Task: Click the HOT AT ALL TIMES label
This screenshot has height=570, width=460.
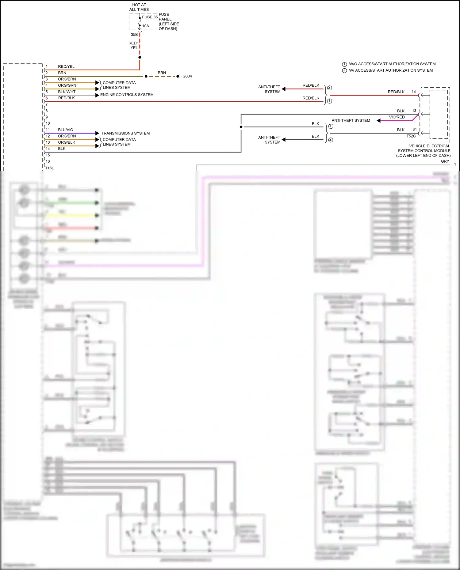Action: [x=139, y=7]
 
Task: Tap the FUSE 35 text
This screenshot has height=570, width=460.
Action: [x=149, y=17]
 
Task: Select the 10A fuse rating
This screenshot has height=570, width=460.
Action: [x=146, y=26]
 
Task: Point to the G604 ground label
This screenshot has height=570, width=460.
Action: [x=187, y=76]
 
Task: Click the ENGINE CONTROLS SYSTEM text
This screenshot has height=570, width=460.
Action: [x=127, y=95]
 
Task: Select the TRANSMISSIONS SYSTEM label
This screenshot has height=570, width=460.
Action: [x=125, y=133]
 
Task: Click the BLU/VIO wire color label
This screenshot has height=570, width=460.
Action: [x=66, y=130]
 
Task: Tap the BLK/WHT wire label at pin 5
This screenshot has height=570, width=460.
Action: [x=67, y=92]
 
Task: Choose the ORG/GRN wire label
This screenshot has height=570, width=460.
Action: [x=67, y=85]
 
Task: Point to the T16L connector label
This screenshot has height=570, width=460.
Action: [x=49, y=168]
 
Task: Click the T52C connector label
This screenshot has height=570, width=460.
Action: [x=411, y=136]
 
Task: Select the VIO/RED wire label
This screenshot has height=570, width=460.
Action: [x=397, y=117]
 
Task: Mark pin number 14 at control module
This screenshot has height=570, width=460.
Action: [x=414, y=92]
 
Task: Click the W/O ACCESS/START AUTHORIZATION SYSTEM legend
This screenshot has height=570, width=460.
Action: [x=392, y=64]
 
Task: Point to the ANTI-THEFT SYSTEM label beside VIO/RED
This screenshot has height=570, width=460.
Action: [x=351, y=121]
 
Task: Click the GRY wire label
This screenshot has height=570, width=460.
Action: [x=445, y=161]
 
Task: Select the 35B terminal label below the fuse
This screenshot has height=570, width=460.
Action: [x=134, y=35]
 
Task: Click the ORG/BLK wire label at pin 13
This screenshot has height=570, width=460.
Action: [x=67, y=142]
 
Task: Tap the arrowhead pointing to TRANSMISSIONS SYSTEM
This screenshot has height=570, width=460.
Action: [x=97, y=133]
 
